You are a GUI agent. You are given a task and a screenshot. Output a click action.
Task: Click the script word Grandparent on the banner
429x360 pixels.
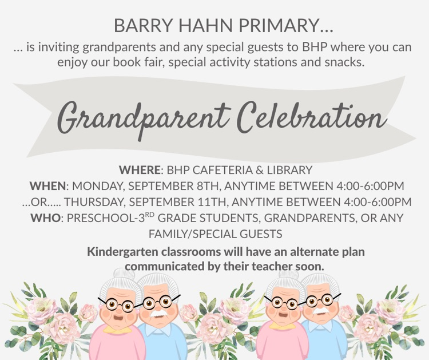point(141,117)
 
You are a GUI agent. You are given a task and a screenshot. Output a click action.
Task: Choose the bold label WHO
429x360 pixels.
point(45,218)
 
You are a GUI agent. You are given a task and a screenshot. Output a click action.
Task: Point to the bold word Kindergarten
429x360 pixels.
point(124,251)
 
